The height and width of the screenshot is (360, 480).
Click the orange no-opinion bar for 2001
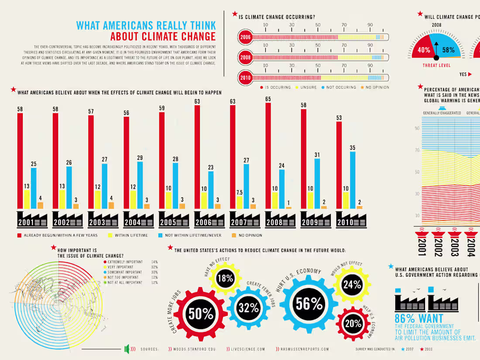click(40, 205)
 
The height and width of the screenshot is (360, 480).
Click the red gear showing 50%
click(201, 313)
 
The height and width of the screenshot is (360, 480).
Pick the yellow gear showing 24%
click(352, 285)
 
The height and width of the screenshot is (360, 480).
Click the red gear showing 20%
click(353, 323)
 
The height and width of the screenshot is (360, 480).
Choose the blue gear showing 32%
click(249, 308)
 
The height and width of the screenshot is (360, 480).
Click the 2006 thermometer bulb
click(245, 38)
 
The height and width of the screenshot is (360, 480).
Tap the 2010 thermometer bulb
click(245, 78)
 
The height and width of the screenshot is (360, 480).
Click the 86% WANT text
click(418, 319)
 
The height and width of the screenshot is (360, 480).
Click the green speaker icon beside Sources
click(127, 349)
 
